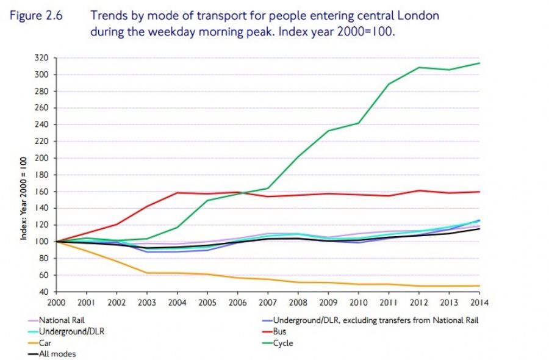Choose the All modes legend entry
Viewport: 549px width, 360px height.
point(58,354)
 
